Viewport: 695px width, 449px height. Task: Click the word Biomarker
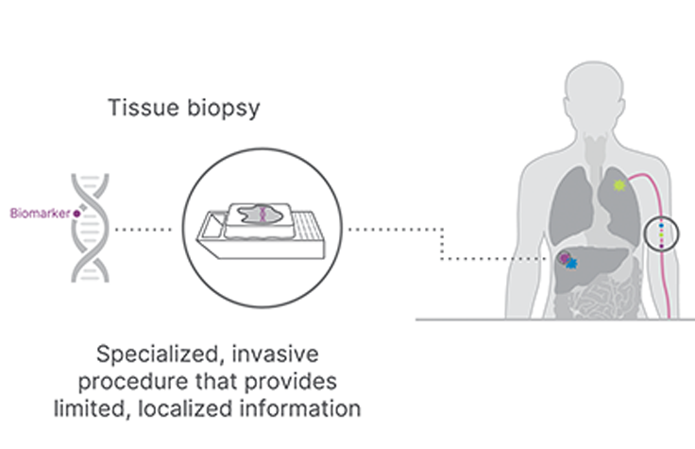[x=34, y=214]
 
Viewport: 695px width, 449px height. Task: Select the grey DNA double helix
[x=93, y=228]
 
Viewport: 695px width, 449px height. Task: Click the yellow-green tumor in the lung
[x=619, y=186]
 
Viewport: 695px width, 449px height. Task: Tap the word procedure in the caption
[x=157, y=383]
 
